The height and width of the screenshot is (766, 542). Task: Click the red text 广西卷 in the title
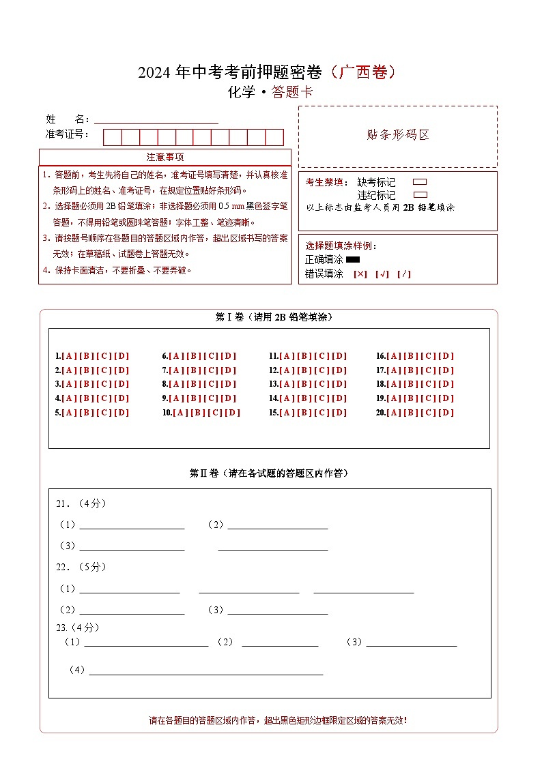tap(362, 72)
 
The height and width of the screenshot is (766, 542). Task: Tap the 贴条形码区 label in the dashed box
tap(398, 135)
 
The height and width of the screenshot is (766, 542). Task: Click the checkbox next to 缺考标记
tap(420, 182)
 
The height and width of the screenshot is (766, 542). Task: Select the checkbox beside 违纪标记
tap(420, 195)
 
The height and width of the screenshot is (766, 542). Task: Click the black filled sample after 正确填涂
tap(353, 259)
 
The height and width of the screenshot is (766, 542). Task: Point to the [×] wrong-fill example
tap(360, 274)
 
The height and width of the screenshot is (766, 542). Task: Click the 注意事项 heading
tap(165, 158)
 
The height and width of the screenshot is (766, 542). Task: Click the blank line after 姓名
tap(156, 119)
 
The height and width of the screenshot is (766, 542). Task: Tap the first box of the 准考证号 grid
tap(112, 137)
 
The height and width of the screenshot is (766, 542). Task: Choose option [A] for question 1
tap(69, 356)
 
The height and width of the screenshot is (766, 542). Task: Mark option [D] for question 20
tap(446, 413)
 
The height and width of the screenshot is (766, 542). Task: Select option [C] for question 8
tap(211, 384)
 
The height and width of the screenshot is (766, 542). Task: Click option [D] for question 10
tap(233, 413)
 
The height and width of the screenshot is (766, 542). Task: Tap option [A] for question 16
tap(394, 356)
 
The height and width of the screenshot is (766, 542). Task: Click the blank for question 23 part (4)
tap(205, 670)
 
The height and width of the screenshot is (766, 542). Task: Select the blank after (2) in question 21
tap(277, 525)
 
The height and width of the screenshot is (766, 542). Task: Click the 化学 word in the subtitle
tap(240, 93)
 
